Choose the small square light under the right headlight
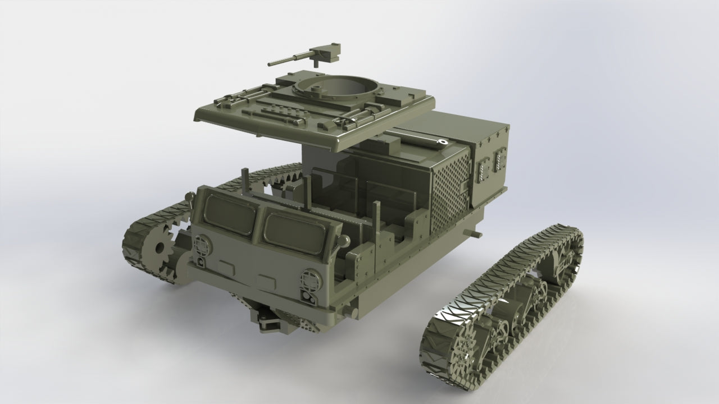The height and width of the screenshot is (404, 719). click(308, 296)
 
